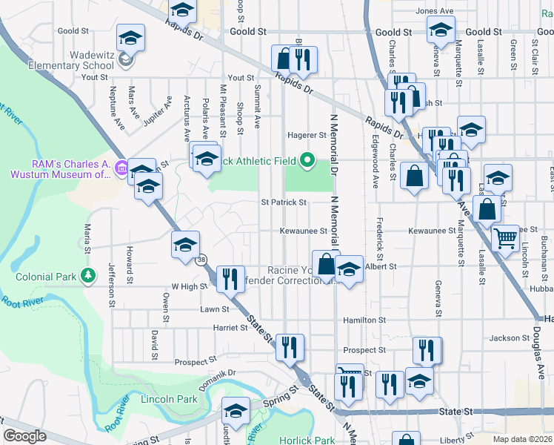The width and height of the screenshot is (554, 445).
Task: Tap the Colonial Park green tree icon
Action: coord(88,276)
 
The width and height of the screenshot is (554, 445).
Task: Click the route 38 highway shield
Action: coord(201,260)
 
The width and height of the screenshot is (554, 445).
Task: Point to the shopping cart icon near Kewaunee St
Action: coord(505,238)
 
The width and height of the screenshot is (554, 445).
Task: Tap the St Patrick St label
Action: coord(283,202)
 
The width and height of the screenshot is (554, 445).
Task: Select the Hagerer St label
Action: coord(307,136)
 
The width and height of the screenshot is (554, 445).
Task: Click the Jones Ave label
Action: coord(434,11)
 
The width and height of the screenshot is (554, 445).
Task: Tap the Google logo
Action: coord(24,436)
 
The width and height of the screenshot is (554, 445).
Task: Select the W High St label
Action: coord(188,286)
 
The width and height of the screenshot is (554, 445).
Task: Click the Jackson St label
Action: coord(509,338)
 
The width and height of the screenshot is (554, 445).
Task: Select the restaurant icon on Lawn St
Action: coord(230,278)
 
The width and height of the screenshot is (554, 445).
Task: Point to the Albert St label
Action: coord(381,266)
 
